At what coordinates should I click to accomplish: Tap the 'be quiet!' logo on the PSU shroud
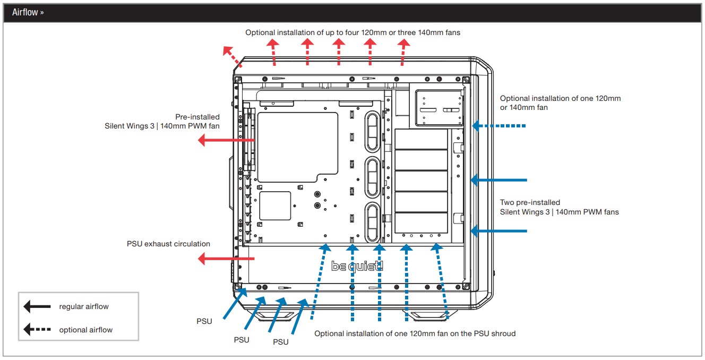357,267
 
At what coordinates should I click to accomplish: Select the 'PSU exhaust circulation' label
168,244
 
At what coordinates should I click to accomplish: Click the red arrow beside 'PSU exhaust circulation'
226,259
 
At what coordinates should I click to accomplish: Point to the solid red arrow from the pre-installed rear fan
226,140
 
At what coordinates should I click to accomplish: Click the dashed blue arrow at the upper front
499,126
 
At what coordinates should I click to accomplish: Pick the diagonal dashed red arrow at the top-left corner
233,57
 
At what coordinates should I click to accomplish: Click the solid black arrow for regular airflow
37,306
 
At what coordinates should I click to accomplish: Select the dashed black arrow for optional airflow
37,330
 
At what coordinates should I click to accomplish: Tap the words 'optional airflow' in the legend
85,330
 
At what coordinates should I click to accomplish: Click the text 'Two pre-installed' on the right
530,202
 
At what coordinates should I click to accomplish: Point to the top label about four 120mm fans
353,32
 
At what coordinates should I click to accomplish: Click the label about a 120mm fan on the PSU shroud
415,333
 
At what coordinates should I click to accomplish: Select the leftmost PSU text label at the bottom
204,321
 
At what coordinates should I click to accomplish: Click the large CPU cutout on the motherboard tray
297,147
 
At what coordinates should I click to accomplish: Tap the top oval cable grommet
372,132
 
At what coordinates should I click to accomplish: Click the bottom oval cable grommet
372,222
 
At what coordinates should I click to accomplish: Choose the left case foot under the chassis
273,315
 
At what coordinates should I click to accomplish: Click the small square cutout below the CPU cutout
275,206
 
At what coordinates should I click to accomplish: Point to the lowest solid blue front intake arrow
499,231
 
